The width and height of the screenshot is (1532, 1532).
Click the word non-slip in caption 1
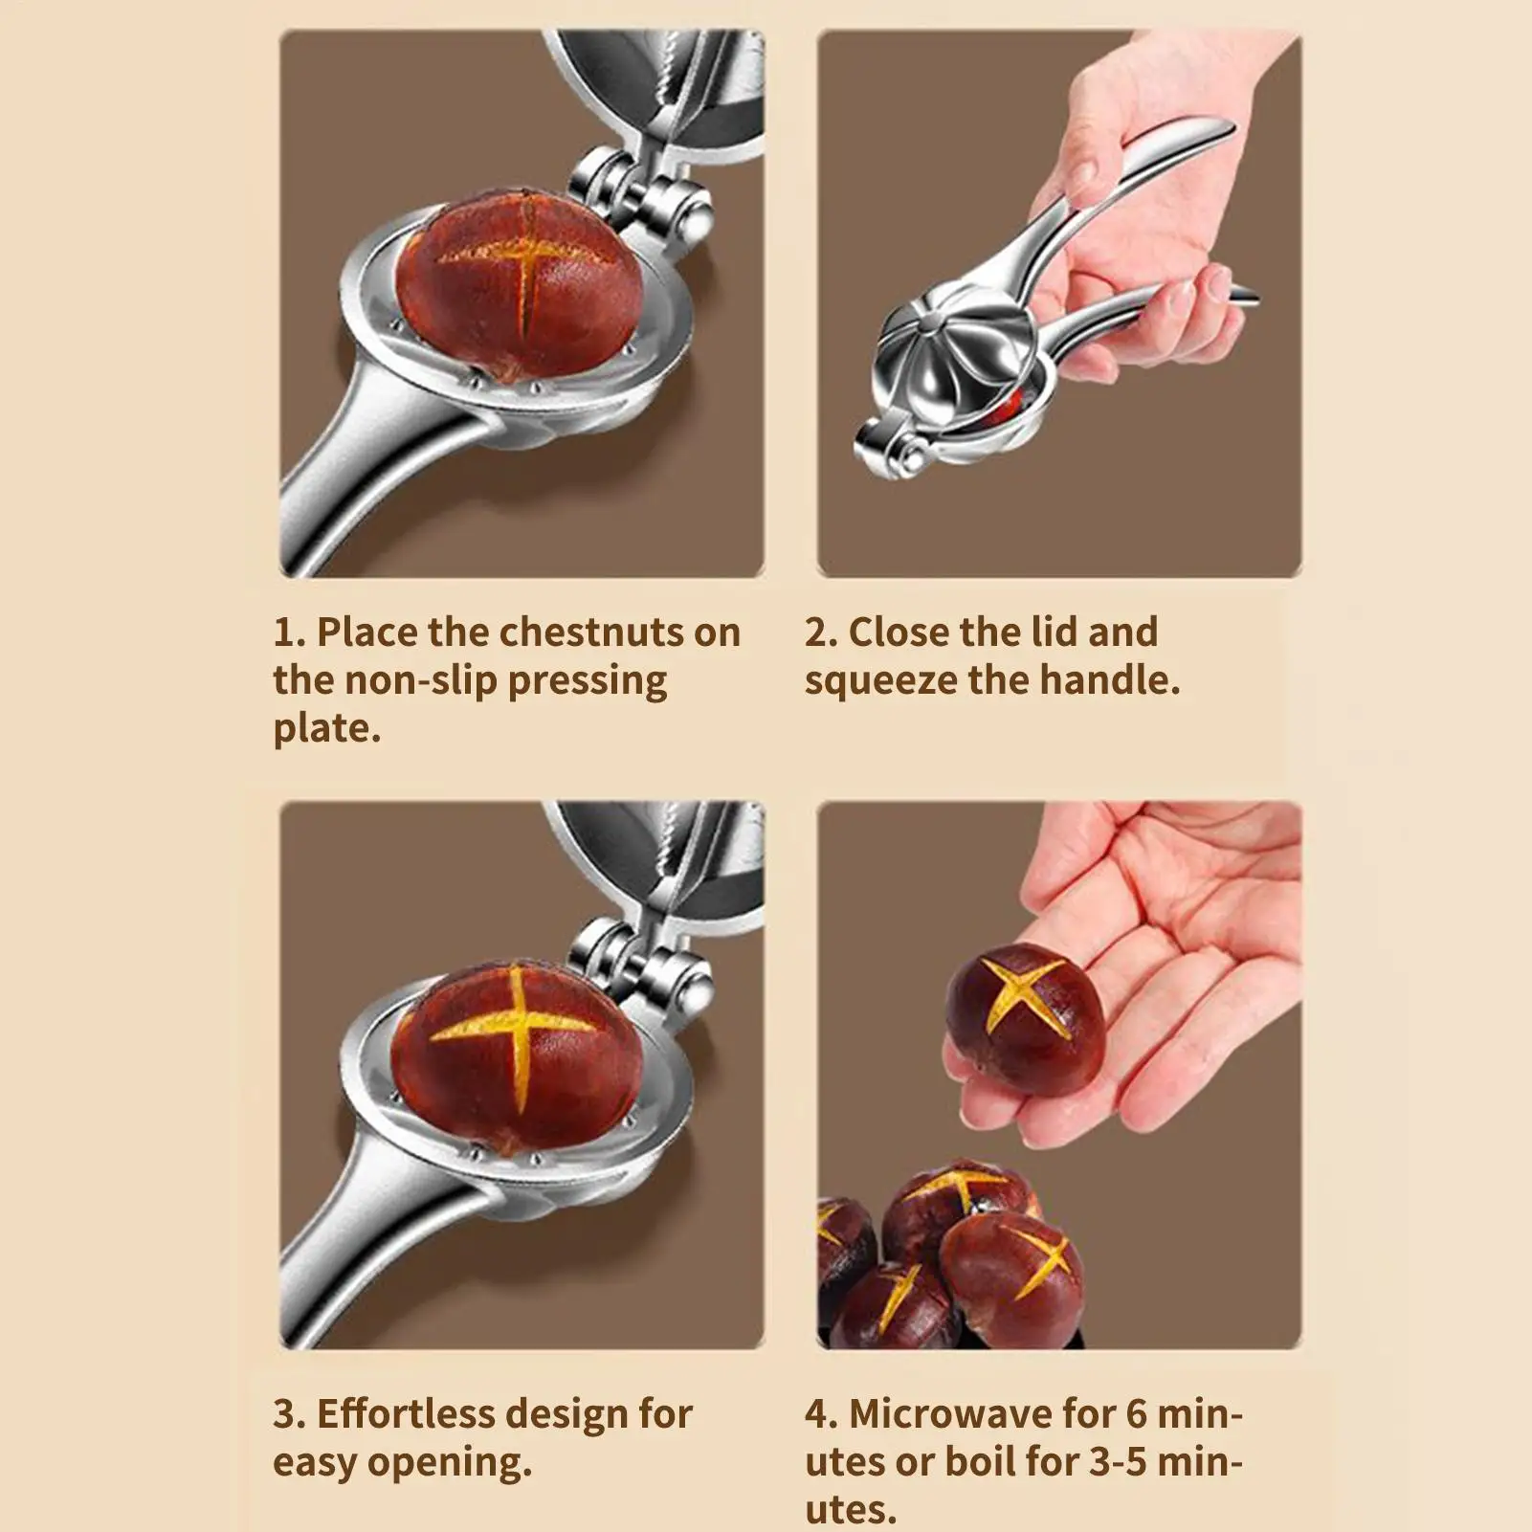click(420, 680)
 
